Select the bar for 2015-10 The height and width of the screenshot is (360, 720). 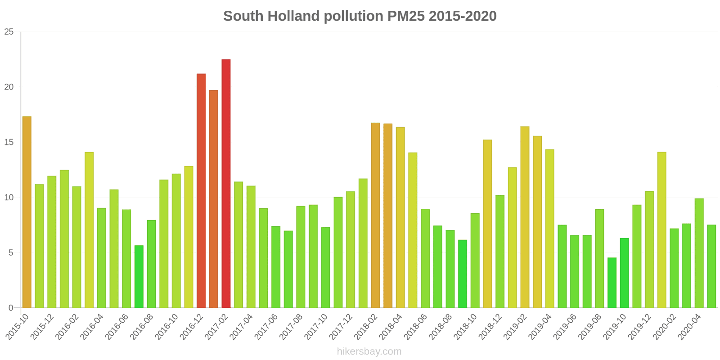(27, 212)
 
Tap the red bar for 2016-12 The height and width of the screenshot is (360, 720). (201, 191)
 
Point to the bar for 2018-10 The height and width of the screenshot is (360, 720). (475, 261)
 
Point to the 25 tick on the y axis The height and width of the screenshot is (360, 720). (9, 32)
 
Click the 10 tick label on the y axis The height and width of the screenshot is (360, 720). (9, 198)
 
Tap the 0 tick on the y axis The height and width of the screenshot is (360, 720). (11, 308)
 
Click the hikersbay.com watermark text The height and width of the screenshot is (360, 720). (369, 351)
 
